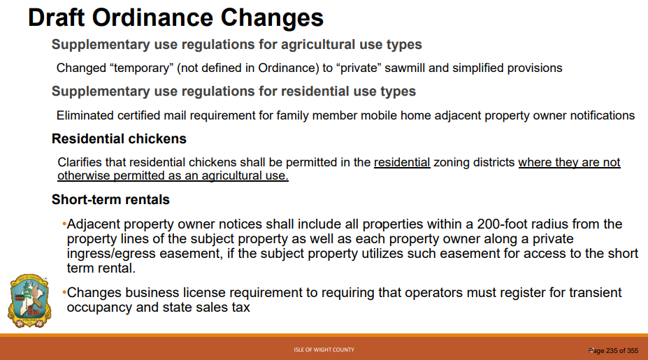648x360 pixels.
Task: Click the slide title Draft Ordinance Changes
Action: point(175,17)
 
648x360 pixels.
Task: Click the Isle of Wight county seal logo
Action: point(29,301)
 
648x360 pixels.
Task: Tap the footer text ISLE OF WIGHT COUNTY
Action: point(324,350)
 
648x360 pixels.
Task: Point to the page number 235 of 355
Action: point(613,350)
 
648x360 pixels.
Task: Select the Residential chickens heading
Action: point(119,139)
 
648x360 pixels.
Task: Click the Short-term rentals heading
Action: point(110,200)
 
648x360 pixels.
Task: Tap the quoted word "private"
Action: point(359,69)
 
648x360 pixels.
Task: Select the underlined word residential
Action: point(402,162)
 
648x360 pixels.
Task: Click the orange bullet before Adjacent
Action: point(64,224)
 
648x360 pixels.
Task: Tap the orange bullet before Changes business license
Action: point(64,293)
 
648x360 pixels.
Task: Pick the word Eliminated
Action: point(85,115)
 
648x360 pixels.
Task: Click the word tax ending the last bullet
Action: point(241,308)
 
